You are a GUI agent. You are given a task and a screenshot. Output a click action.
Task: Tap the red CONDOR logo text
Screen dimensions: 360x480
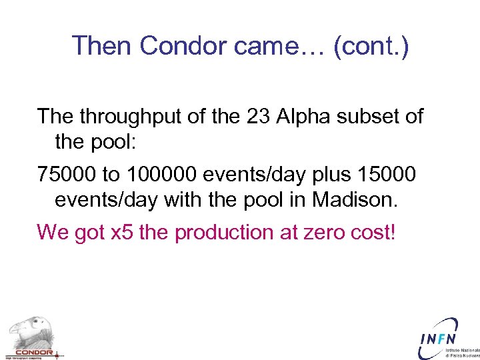click(33, 352)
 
